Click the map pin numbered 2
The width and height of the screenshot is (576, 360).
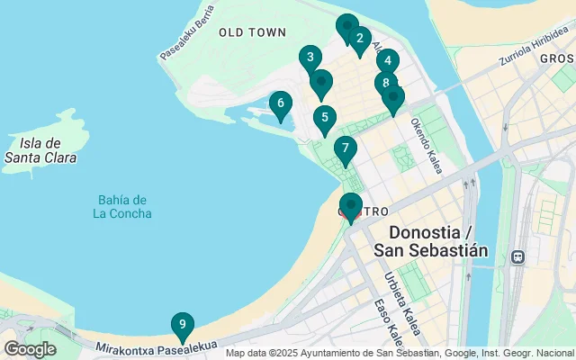point(359,38)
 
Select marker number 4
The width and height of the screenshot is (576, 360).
point(387,61)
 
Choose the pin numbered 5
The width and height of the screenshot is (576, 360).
point(325,118)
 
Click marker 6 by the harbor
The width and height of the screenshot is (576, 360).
point(281,103)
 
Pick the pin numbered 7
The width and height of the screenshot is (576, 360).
point(345,148)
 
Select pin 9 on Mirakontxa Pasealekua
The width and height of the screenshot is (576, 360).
point(183,324)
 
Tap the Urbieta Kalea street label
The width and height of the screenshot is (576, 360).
point(402,303)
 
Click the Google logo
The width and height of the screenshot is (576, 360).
point(30,349)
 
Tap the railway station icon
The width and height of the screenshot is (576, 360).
point(517,256)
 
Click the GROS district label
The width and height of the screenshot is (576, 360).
point(557,58)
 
